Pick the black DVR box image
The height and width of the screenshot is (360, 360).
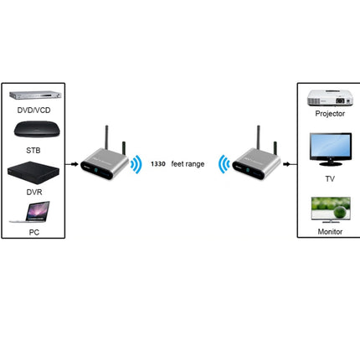tap(33, 174)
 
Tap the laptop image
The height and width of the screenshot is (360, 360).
tap(33, 217)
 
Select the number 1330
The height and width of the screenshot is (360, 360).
tap(157, 163)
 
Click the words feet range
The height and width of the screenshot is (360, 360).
tap(188, 163)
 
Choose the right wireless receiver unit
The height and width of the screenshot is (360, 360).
tap(258, 159)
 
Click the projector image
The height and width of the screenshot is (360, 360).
tap(329, 98)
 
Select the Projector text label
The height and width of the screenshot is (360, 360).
tap(329, 113)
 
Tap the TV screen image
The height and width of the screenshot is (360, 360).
tap(329, 147)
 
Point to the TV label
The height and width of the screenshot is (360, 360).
tap(329, 177)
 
